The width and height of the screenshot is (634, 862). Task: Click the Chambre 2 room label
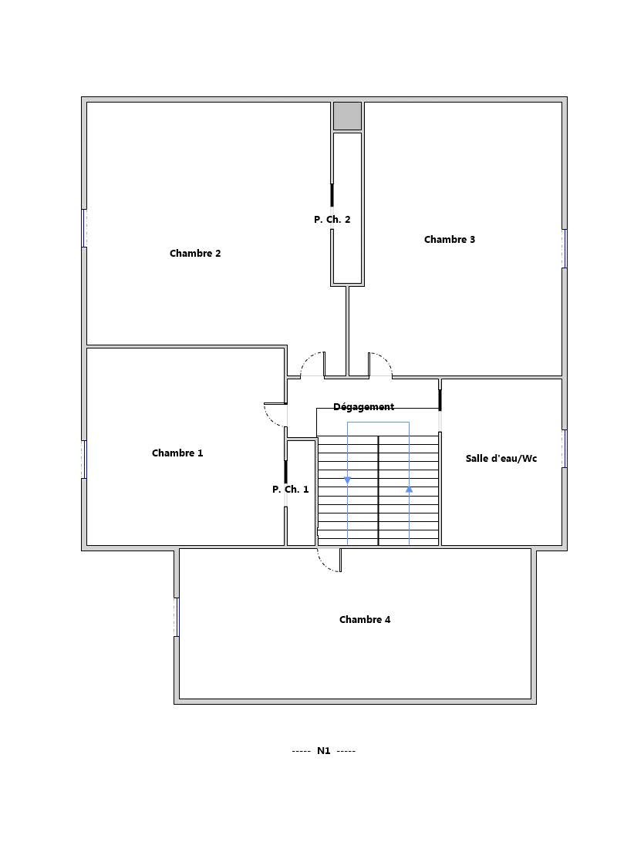195,254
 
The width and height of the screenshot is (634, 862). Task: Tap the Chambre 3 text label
449,239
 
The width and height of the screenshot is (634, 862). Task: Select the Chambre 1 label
177,453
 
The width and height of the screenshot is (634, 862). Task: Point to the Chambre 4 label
365,620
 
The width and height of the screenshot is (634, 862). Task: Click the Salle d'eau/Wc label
501,459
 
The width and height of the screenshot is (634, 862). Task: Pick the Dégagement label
363,407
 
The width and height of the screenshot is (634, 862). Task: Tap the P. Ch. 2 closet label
332,219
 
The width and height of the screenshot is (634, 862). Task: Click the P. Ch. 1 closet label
290,490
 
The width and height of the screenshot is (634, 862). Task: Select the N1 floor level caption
323,750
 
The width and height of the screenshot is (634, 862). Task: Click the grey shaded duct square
347,116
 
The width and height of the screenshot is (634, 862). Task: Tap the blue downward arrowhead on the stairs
348,480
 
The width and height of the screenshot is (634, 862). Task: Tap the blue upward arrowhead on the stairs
409,489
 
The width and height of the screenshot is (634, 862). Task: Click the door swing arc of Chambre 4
325,565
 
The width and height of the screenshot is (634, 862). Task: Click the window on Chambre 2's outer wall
84,228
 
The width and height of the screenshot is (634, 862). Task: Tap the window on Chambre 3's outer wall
565,248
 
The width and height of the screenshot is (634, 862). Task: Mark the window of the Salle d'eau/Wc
565,449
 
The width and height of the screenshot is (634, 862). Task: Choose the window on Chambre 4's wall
177,617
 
